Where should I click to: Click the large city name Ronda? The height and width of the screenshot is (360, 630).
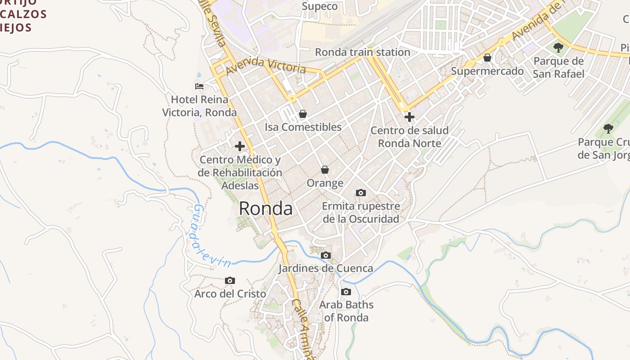click(x=265, y=208)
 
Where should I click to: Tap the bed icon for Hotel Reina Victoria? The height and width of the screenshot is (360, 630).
click(x=199, y=86)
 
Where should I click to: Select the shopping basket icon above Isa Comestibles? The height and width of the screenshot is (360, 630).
click(x=303, y=114)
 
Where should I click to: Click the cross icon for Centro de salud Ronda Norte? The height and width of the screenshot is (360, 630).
click(x=409, y=117)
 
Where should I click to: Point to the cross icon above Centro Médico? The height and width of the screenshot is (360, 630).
click(x=240, y=146)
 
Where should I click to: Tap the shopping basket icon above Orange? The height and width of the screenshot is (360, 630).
click(x=325, y=170)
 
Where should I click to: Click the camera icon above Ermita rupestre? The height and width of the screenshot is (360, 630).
click(x=360, y=193)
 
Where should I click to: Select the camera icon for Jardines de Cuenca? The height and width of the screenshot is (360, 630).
click(x=325, y=256)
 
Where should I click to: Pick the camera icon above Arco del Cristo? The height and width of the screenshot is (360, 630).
click(x=230, y=281)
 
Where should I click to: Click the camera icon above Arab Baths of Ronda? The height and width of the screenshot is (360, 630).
click(x=346, y=292)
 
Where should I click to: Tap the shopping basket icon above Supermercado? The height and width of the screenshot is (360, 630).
click(x=487, y=58)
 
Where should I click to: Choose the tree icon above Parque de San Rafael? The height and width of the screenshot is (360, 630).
click(x=558, y=47)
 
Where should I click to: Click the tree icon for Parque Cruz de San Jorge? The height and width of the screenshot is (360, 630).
click(x=608, y=129)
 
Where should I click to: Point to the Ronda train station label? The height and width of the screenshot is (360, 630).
click(x=362, y=52)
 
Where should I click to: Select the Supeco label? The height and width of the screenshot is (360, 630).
click(x=319, y=6)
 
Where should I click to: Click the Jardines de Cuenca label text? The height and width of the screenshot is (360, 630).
click(x=325, y=269)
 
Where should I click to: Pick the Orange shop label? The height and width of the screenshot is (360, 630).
click(x=325, y=183)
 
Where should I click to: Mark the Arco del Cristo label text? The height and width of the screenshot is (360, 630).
click(x=230, y=294)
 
